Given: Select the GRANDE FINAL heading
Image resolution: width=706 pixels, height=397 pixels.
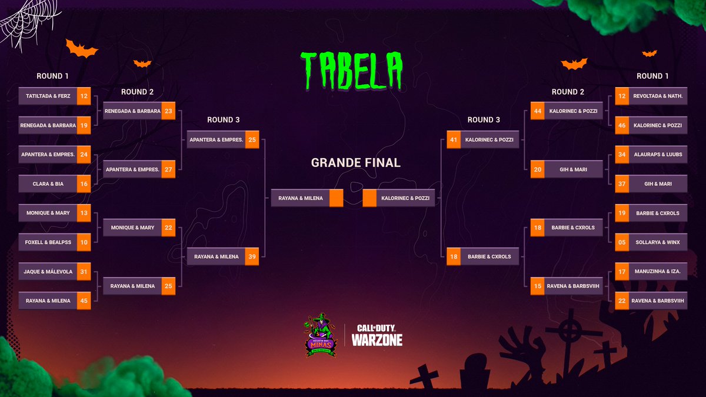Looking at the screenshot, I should click(x=355, y=163).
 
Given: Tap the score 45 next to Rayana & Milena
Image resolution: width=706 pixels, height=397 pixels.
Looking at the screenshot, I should click(x=84, y=301).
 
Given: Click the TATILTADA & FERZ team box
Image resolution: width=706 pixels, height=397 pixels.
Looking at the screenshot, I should click(x=49, y=96).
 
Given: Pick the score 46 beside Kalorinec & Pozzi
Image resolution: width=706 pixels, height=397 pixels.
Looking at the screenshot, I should click(x=622, y=125).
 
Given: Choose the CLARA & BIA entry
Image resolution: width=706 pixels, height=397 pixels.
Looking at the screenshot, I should click(x=49, y=184).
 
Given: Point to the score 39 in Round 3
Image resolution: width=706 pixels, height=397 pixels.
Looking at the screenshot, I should click(x=252, y=256).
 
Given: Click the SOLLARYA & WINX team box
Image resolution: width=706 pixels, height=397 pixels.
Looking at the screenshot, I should click(x=657, y=242).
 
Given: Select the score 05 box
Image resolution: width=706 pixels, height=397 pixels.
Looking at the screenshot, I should click(x=622, y=242).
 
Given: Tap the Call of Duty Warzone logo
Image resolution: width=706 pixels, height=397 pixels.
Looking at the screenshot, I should click(x=377, y=335).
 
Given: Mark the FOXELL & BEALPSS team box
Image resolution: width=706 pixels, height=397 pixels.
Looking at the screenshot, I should click(x=49, y=242).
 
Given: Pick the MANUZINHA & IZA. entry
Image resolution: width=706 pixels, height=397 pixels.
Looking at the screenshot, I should click(x=657, y=272).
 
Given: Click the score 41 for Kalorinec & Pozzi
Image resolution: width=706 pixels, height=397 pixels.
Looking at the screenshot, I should click(x=453, y=140).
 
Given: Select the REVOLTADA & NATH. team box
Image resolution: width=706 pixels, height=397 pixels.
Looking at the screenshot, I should click(x=657, y=96).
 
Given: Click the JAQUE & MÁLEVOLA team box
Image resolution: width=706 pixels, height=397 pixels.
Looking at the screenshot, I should click(x=49, y=272).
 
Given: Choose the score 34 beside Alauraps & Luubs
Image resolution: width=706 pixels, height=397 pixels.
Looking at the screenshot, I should click(x=622, y=154).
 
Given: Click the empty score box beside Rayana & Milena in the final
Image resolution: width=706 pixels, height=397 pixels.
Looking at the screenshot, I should click(x=336, y=198).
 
